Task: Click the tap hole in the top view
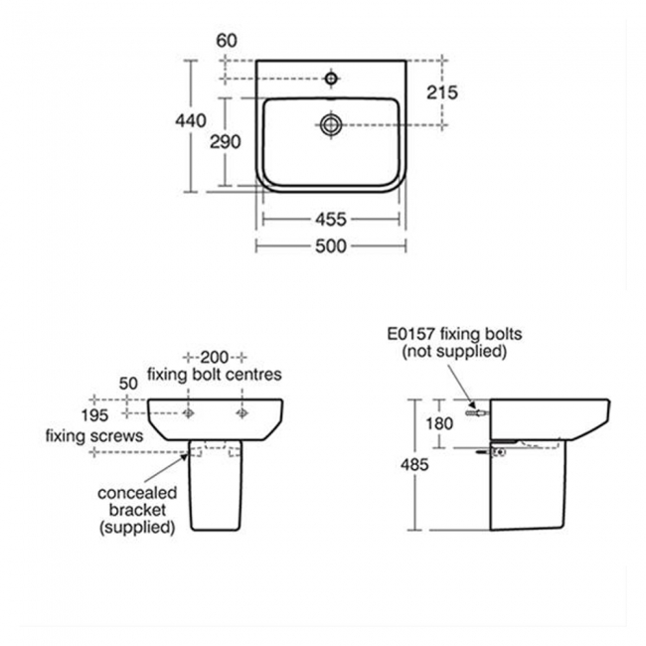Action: [331, 78]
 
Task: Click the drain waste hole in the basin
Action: [331, 124]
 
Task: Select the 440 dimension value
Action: [191, 120]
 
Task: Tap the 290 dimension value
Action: [225, 142]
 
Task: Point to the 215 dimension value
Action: [442, 92]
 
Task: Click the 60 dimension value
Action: [227, 41]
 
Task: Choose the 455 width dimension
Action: [331, 220]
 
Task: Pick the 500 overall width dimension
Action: [331, 245]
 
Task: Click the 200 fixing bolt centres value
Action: [215, 357]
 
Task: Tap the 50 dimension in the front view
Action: [128, 384]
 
